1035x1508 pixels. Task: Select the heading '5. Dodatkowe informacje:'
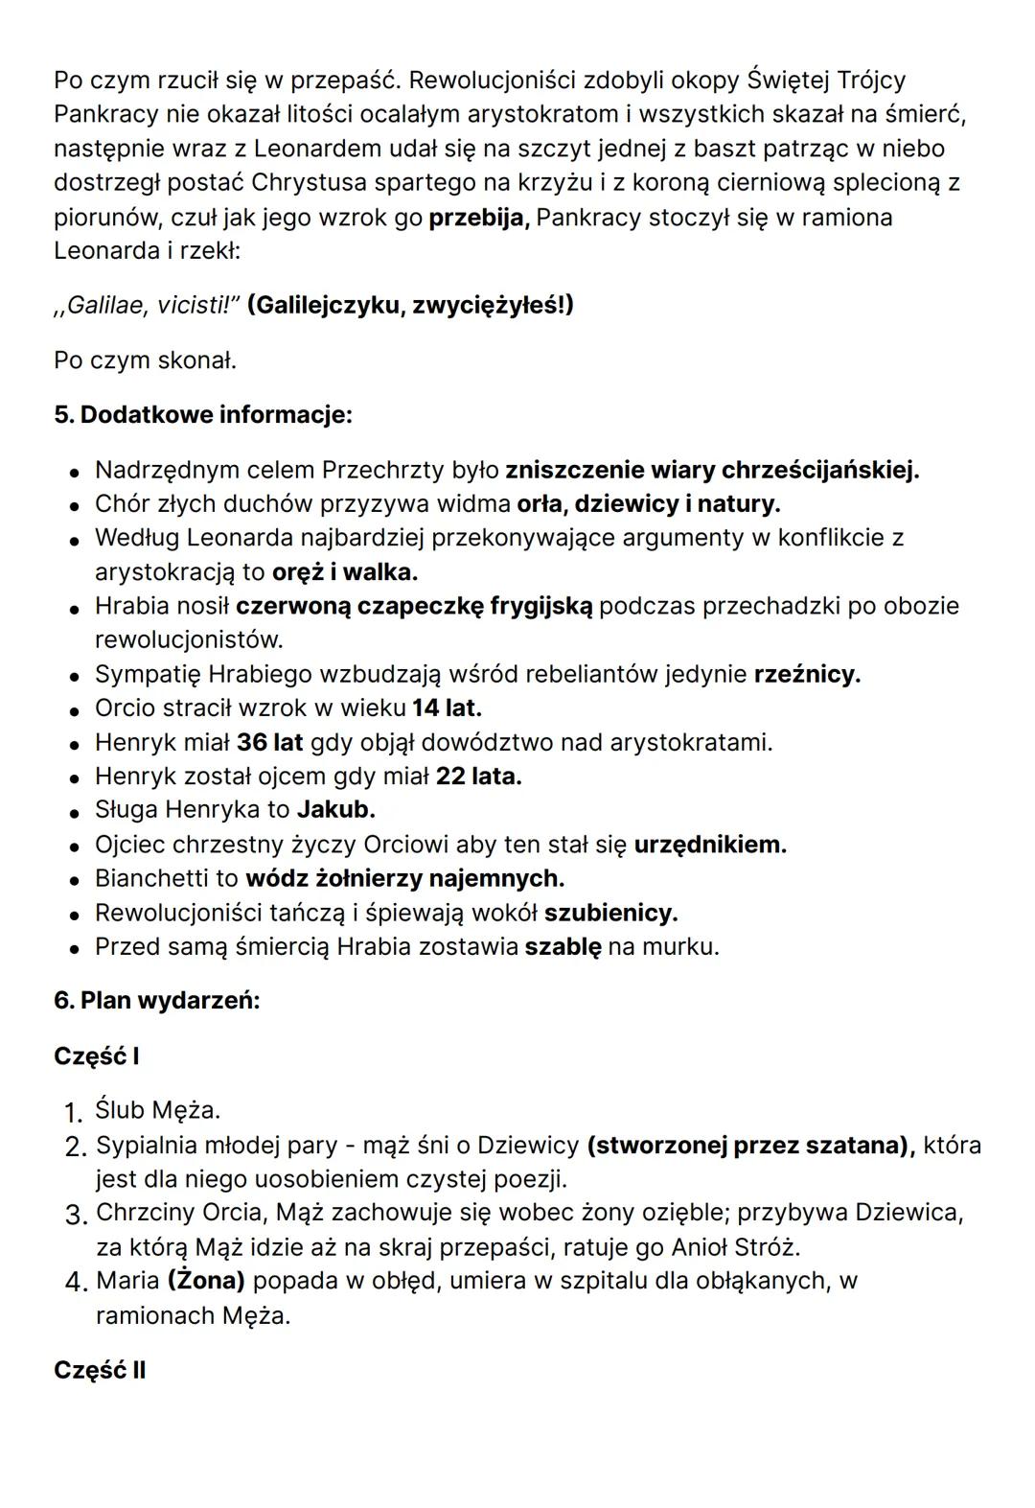pyautogui.click(x=203, y=415)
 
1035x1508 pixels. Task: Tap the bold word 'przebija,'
pyautogui.click(x=478, y=218)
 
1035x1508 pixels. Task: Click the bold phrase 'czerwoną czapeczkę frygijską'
pyautogui.click(x=414, y=606)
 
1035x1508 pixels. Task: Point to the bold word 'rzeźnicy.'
pyautogui.click(x=807, y=674)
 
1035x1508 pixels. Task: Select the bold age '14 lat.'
pyautogui.click(x=447, y=708)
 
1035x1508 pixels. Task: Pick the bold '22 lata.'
pyautogui.click(x=478, y=776)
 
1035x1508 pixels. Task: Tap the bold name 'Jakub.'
pyautogui.click(x=335, y=810)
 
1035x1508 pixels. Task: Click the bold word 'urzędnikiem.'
pyautogui.click(x=709, y=845)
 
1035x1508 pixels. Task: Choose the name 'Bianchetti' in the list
pyautogui.click(x=166, y=878)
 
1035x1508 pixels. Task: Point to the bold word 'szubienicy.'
pyautogui.click(x=610, y=913)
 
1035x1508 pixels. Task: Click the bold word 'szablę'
pyautogui.click(x=563, y=947)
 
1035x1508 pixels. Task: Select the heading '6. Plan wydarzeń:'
pyautogui.click(x=157, y=1001)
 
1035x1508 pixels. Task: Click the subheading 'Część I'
pyautogui.click(x=97, y=1056)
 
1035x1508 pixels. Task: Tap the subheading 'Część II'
pyautogui.click(x=100, y=1370)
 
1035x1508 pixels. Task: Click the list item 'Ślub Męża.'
pyautogui.click(x=158, y=1110)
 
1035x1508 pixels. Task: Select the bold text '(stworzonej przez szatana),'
pyautogui.click(x=750, y=1145)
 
